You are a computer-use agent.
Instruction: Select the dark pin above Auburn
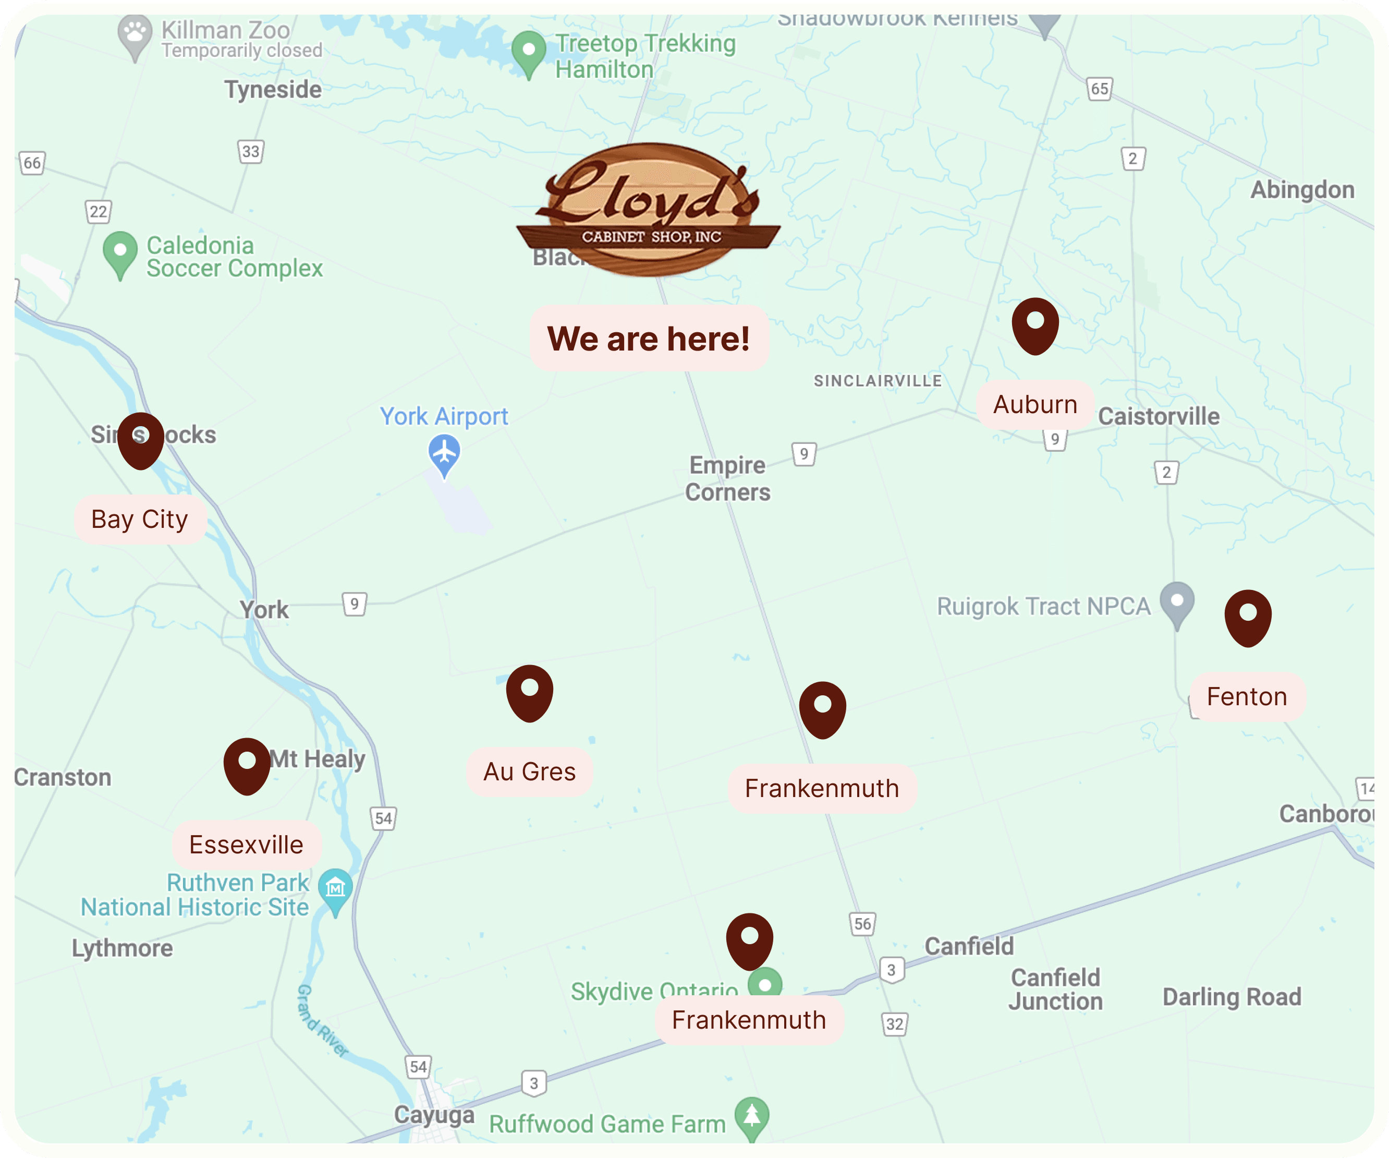pyautogui.click(x=1035, y=324)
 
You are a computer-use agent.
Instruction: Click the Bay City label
pyautogui.click(x=140, y=520)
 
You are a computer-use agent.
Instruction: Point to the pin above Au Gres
pyautogui.click(x=529, y=692)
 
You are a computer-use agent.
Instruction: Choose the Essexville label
pyautogui.click(x=246, y=845)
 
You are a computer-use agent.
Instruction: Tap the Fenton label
pyautogui.click(x=1247, y=697)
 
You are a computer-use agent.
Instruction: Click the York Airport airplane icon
pyautogui.click(x=444, y=454)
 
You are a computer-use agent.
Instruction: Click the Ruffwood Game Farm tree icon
pyautogui.click(x=752, y=1117)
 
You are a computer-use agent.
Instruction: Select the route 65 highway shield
pyautogui.click(x=1099, y=89)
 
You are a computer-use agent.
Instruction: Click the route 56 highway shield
pyautogui.click(x=862, y=924)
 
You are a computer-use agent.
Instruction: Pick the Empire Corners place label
pyautogui.click(x=727, y=478)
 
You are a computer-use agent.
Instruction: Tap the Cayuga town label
pyautogui.click(x=434, y=1114)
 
